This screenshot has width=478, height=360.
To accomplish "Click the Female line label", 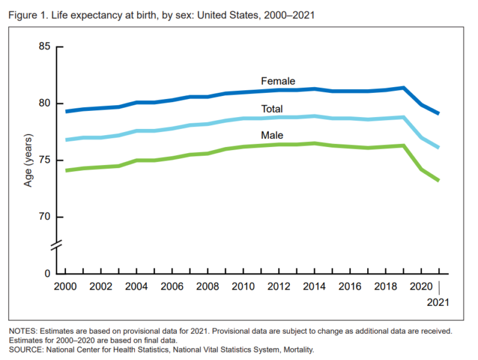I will coord(278,81).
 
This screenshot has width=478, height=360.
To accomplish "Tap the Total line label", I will coord(272,109).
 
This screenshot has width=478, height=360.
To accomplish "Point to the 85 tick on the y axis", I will coord(42,47).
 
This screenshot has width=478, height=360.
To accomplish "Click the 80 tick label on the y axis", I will coord(42,103).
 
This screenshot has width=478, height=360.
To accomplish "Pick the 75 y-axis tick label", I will coord(42,160).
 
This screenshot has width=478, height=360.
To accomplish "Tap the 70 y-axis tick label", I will coord(42,217).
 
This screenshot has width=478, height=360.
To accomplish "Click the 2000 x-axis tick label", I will coord(65,287).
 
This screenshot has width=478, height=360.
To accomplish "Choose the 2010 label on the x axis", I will coord(243,287).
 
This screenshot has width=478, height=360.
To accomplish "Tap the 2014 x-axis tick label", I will coord(314,287).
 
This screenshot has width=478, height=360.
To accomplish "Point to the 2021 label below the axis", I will coord(438,303).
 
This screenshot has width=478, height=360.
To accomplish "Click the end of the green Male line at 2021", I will coord(439,181).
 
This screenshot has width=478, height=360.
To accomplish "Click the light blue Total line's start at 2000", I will coord(66,140).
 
